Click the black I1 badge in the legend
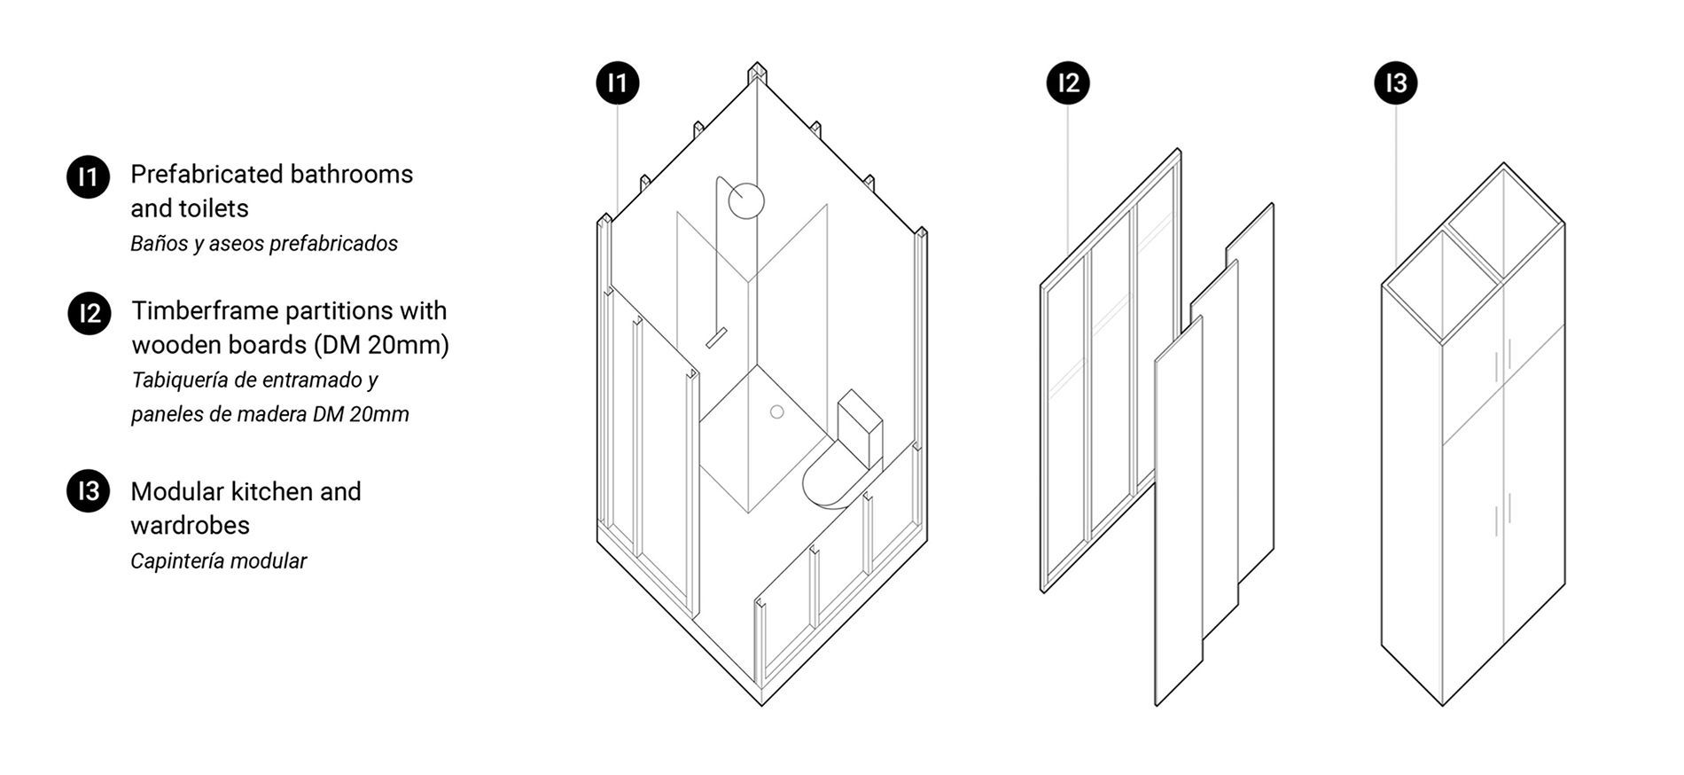(88, 177)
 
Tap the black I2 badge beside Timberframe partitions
(90, 314)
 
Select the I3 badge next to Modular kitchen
(88, 491)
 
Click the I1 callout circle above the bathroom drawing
(617, 83)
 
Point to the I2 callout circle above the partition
(1068, 83)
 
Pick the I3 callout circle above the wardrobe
(1396, 83)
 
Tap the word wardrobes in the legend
(190, 525)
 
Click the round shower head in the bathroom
(746, 200)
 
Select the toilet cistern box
(860, 421)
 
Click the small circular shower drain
(777, 411)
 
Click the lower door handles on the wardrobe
(1501, 521)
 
